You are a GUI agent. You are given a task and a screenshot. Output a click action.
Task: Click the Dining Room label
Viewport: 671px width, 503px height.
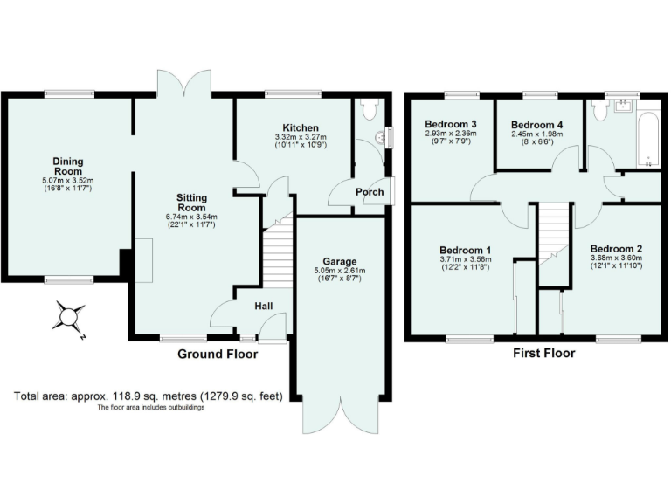point(68,166)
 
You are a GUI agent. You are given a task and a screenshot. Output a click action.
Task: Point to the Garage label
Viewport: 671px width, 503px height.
point(340,261)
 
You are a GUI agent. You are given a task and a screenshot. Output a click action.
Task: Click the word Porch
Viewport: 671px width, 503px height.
point(369,192)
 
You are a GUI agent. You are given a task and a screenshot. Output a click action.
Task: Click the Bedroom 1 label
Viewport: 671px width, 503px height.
point(465,249)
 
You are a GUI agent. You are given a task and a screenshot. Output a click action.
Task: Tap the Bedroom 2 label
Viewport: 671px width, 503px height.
point(616,248)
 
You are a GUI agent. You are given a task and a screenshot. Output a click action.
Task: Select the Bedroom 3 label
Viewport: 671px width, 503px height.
point(451,125)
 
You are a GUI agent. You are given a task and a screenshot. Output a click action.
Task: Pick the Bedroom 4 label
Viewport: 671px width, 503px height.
point(536,125)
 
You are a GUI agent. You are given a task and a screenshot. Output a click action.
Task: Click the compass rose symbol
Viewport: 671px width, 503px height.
point(67,316)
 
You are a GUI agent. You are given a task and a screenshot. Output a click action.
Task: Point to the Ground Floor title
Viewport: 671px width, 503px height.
point(218,355)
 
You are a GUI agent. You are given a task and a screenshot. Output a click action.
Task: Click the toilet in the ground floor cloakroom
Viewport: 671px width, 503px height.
point(368,109)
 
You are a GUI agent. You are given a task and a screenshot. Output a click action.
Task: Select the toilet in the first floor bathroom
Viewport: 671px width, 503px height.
point(599,109)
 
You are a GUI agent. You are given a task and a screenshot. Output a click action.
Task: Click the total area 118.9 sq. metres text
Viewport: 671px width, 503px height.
point(149,396)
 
